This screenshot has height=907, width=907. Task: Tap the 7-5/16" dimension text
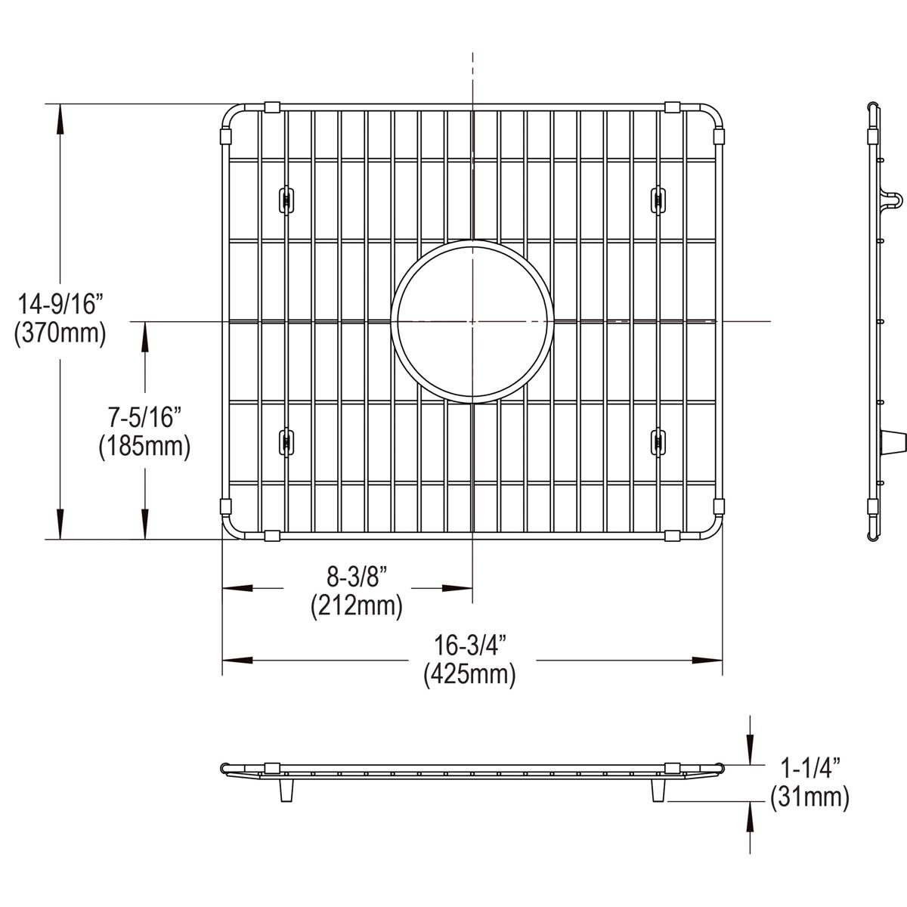143,418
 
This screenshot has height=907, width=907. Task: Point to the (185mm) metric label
143,446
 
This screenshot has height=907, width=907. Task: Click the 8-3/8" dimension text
356,577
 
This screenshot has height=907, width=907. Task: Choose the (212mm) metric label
356,605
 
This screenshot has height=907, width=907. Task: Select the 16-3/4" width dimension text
469,645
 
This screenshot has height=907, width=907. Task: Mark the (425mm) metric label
469,673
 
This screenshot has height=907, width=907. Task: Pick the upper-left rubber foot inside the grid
286,199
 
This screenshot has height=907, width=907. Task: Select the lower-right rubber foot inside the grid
657,441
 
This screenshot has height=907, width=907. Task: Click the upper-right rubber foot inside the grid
657,199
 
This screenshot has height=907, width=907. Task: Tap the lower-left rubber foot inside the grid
286,441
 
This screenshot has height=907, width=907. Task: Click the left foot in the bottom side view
286,791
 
